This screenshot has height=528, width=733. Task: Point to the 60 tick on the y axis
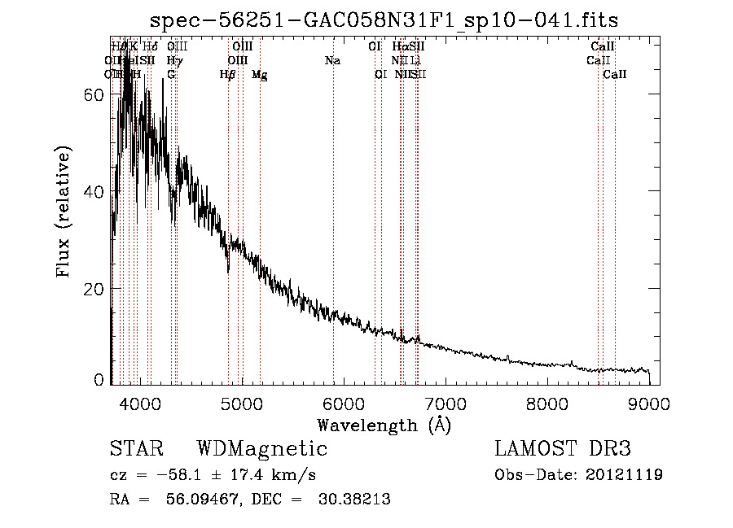(95, 94)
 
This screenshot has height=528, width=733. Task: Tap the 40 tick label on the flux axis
(95, 191)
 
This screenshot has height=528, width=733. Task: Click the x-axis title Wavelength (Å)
(384, 425)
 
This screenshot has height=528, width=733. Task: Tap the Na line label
(332, 61)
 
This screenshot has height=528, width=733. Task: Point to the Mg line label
(260, 75)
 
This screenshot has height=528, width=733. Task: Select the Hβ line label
(228, 75)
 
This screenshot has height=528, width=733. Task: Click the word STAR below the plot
(136, 449)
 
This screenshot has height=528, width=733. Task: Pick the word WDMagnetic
(262, 449)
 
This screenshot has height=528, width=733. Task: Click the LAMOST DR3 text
(562, 449)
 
